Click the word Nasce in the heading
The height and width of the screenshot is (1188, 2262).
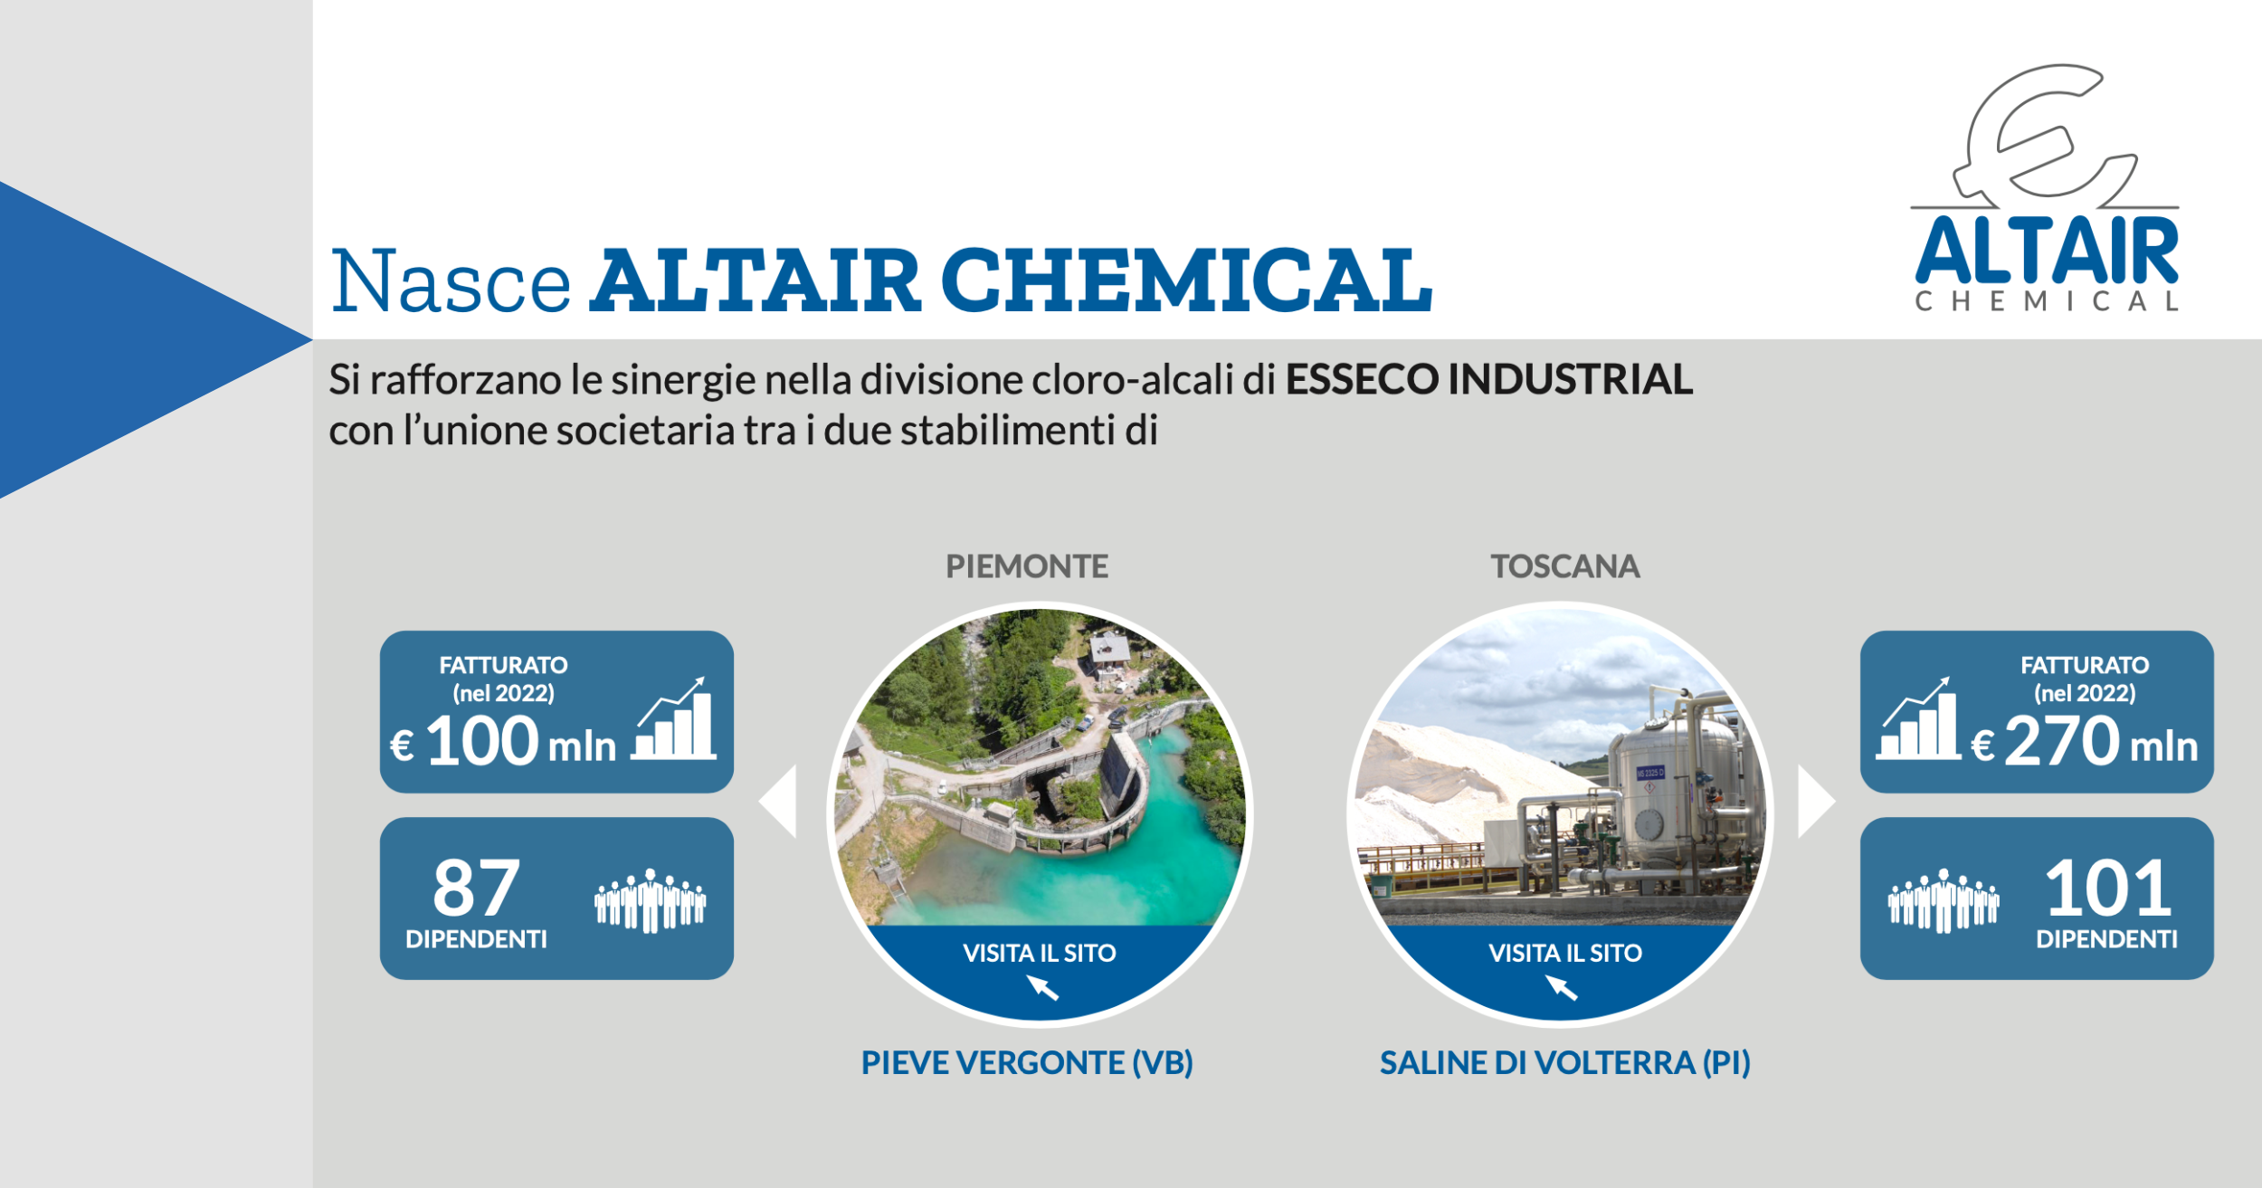click(451, 281)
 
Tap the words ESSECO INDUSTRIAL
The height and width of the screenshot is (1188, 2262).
click(1489, 379)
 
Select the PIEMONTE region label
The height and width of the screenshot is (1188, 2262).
click(1027, 566)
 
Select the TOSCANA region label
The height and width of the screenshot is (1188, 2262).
click(1565, 566)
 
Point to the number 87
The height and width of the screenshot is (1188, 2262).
click(477, 887)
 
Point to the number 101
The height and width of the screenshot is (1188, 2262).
click(2108, 887)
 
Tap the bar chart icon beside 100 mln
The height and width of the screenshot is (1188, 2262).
click(674, 718)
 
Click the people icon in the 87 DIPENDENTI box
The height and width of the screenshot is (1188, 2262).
click(651, 900)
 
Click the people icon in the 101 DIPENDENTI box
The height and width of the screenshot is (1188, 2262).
click(1944, 900)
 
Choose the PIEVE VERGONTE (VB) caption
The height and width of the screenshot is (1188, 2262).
click(1027, 1062)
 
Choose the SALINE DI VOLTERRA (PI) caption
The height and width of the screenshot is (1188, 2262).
click(1565, 1062)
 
